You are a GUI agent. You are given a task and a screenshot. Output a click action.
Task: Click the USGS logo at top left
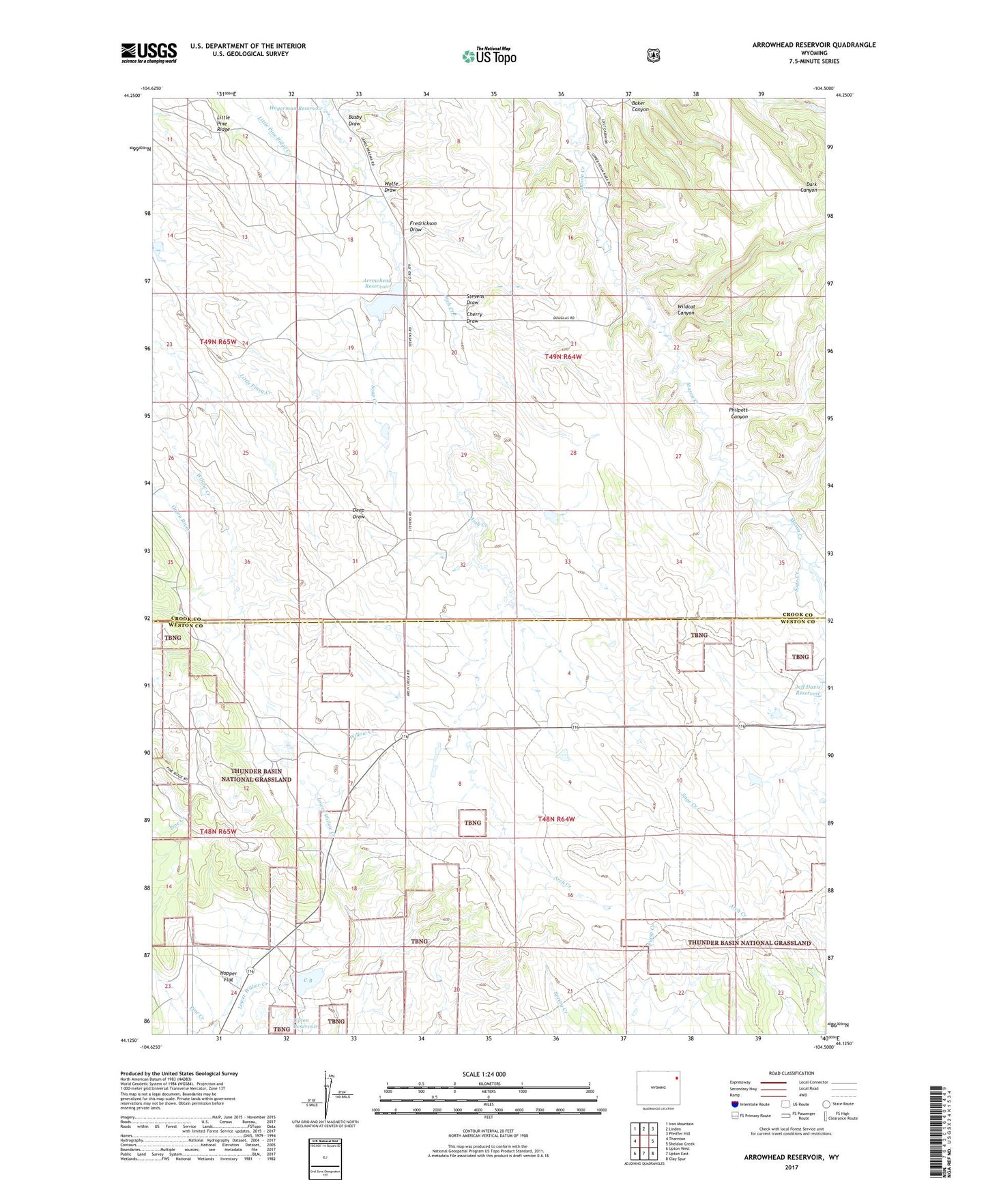[x=149, y=53]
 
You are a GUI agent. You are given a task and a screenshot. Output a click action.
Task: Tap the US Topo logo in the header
[x=489, y=56]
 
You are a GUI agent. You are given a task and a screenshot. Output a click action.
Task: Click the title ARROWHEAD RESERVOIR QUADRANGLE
[x=813, y=45]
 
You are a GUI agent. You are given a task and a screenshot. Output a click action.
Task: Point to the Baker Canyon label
[x=639, y=106]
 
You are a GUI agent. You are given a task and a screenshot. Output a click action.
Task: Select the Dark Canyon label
[x=808, y=187]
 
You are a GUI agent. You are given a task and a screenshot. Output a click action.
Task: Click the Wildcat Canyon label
[x=685, y=309]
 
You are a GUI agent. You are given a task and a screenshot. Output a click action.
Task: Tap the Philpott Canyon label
[x=739, y=413]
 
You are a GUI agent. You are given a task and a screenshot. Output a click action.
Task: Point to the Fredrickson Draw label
[x=422, y=226]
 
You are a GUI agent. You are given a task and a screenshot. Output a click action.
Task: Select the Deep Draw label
[x=358, y=513]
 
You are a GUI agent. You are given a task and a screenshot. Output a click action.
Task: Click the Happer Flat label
[x=228, y=976]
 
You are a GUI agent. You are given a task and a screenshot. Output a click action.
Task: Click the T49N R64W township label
[x=563, y=356]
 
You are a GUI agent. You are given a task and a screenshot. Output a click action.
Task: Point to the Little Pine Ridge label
[x=223, y=123]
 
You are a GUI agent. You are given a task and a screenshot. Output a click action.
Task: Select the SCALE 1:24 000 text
[x=484, y=1074]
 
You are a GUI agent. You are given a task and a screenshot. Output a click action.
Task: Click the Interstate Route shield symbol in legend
[x=734, y=1103]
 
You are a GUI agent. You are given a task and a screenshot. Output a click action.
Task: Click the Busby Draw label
[x=354, y=120]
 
